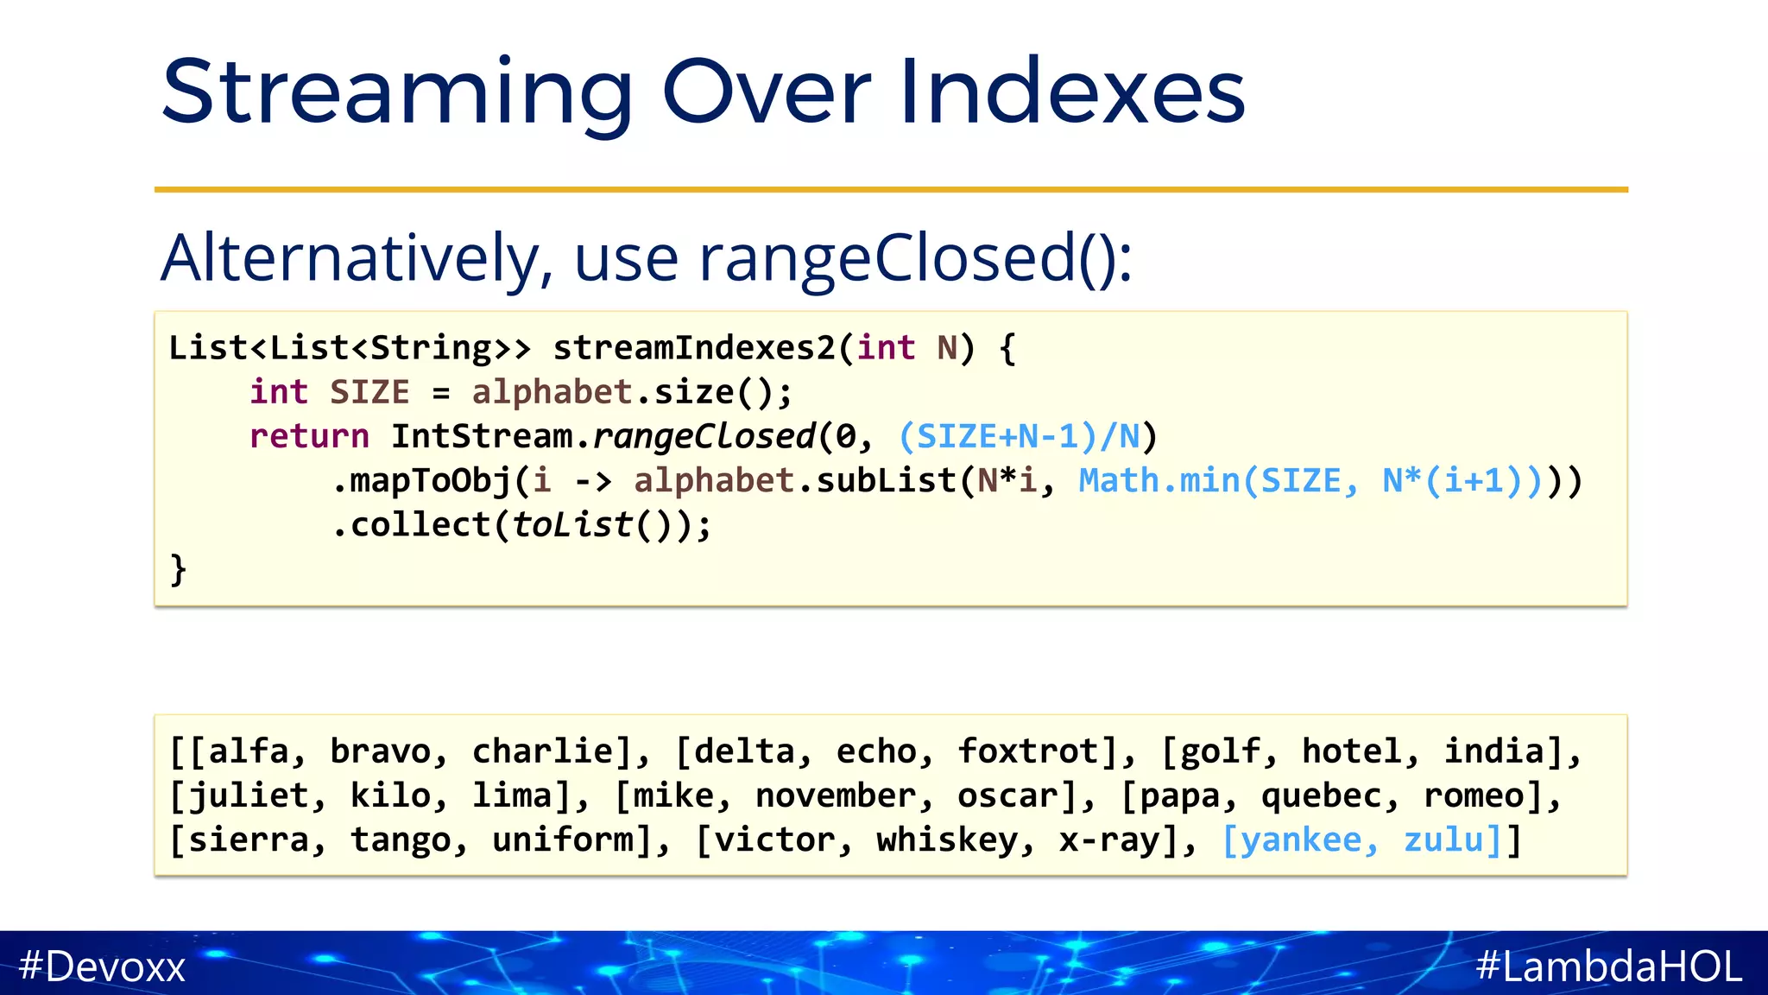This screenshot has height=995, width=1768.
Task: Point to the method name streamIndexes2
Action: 694,348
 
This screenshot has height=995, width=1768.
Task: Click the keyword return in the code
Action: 309,436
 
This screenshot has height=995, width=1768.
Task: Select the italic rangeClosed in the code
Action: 704,436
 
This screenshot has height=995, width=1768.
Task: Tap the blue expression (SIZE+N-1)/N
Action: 1019,436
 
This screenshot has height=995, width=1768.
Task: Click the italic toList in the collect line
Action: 572,525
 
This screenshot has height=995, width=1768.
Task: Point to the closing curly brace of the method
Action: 178,570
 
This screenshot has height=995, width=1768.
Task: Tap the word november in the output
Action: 835,795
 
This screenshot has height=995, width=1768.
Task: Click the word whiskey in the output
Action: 947,840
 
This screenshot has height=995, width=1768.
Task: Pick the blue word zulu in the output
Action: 1443,840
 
